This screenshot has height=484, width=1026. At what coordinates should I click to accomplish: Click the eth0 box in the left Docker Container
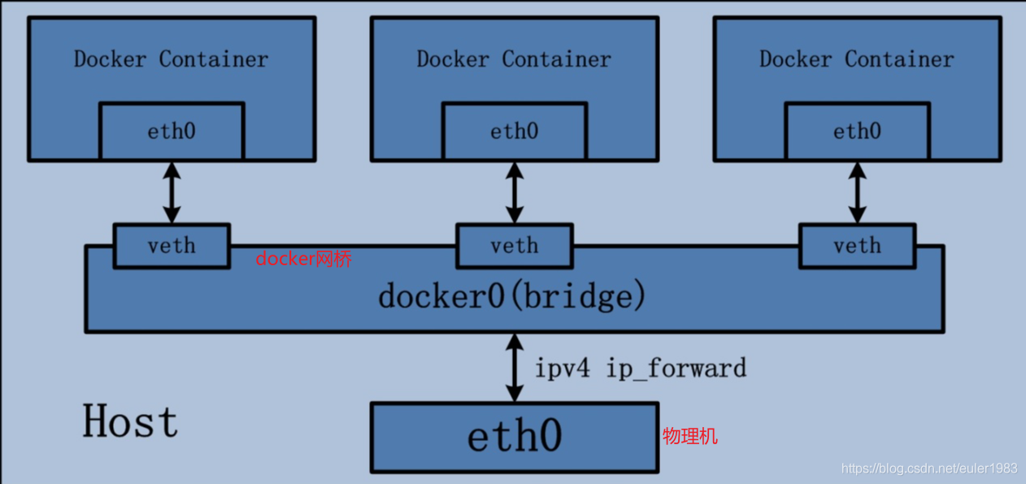[172, 131]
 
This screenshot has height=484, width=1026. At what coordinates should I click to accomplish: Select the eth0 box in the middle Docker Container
[514, 131]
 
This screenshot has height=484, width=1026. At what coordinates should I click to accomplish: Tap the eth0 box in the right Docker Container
[857, 131]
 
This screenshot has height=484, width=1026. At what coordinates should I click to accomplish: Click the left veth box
[172, 245]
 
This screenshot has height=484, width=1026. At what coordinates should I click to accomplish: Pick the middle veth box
[514, 245]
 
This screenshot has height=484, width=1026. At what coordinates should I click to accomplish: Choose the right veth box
[857, 245]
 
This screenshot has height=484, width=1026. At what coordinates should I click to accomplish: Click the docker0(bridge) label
[512, 295]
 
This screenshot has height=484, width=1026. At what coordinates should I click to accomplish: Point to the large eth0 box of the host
[514, 437]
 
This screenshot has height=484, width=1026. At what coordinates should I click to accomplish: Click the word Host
[130, 422]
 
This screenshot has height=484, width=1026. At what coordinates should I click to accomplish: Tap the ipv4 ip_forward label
[640, 368]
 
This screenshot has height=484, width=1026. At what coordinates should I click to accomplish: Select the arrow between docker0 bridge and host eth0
[514, 367]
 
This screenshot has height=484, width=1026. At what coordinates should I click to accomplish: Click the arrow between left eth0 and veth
[172, 192]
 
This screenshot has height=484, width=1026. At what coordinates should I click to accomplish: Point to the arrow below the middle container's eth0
[514, 192]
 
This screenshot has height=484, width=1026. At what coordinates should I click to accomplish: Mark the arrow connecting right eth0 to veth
[857, 192]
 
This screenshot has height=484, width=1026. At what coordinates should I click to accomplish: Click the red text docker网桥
[304, 259]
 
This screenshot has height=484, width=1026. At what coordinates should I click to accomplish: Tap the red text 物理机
[690, 437]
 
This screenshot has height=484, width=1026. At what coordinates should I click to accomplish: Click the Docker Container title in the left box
[171, 59]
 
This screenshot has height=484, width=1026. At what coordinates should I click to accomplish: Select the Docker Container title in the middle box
[514, 59]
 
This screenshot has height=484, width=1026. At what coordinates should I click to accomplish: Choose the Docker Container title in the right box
[857, 59]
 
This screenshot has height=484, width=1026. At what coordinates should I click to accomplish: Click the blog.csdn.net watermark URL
[929, 469]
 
